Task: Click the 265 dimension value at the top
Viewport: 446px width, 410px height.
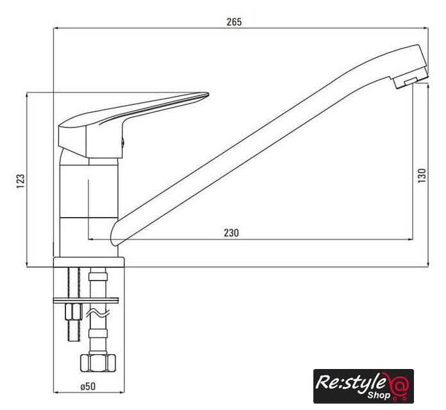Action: point(234,22)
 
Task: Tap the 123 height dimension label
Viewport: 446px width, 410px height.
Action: point(21,181)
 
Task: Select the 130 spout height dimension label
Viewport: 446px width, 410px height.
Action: point(422,176)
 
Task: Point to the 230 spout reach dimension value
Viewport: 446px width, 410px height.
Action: point(231,233)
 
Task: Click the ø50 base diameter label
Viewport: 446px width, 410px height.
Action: point(88,386)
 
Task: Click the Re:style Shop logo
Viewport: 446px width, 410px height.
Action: point(363,386)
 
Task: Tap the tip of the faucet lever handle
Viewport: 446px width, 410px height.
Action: point(208,94)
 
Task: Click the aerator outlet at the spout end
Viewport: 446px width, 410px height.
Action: point(411,81)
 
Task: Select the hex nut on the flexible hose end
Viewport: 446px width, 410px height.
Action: point(98,363)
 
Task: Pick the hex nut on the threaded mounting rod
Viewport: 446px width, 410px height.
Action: point(74,312)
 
